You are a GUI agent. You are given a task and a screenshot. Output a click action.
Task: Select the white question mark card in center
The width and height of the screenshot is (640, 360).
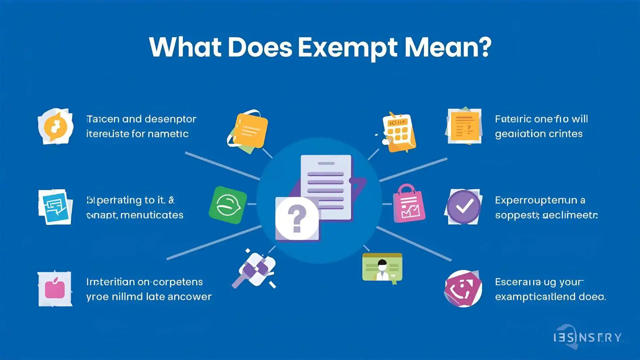297,218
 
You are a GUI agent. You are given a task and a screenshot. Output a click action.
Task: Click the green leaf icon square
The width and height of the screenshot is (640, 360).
228,205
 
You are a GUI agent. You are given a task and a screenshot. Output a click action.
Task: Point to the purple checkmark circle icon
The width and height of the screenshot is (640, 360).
464,207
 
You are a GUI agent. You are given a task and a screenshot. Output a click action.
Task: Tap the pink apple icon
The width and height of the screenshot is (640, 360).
55,289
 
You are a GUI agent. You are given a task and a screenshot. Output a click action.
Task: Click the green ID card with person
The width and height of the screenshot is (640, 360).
382,267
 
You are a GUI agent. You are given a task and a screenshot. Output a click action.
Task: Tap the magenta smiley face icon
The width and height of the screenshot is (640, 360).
463,288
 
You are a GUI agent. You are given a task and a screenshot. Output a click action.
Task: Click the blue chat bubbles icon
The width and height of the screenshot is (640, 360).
55,207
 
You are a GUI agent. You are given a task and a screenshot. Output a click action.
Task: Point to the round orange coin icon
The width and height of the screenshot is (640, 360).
55,126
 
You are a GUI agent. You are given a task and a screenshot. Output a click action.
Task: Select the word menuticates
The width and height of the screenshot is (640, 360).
152,215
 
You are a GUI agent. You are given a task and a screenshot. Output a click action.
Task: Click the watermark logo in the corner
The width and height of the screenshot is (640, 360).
587,337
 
